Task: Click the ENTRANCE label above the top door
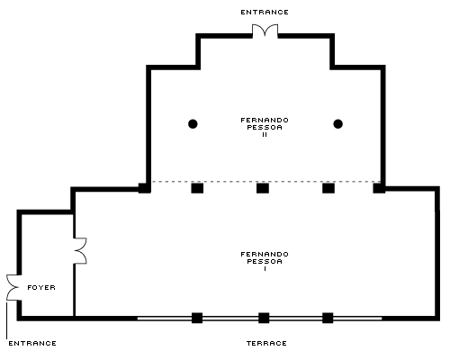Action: (265, 13)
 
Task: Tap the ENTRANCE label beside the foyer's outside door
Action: (32, 343)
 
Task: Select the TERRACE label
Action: (266, 343)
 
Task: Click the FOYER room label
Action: (41, 287)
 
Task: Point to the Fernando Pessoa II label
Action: (265, 127)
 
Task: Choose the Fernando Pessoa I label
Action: (265, 261)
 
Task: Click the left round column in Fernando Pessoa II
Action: (193, 124)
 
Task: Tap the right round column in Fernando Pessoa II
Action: (338, 124)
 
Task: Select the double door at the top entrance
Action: (265, 31)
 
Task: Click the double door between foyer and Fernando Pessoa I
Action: (80, 251)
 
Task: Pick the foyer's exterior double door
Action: (13, 287)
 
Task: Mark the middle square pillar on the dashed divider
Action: (263, 188)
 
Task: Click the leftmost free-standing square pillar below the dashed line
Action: (197, 188)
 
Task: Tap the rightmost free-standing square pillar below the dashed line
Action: (328, 188)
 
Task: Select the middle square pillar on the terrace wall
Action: (264, 318)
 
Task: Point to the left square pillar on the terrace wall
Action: (197, 318)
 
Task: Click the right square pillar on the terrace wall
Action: (328, 318)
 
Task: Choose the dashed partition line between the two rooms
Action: (265, 182)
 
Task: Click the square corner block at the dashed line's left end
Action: (144, 188)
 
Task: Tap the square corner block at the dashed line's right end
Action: (379, 188)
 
